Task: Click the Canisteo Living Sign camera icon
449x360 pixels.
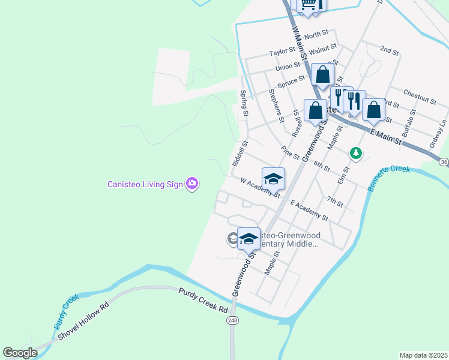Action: [x=192, y=184]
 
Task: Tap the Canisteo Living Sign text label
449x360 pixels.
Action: [x=145, y=184]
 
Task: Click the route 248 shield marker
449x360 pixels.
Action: [x=232, y=321]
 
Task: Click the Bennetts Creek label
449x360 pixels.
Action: [x=390, y=179]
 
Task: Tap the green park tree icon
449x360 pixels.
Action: [x=356, y=154]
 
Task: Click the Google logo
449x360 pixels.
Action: [x=20, y=353]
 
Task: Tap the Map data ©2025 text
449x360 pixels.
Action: [x=423, y=355]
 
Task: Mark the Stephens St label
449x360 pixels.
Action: [x=276, y=105]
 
